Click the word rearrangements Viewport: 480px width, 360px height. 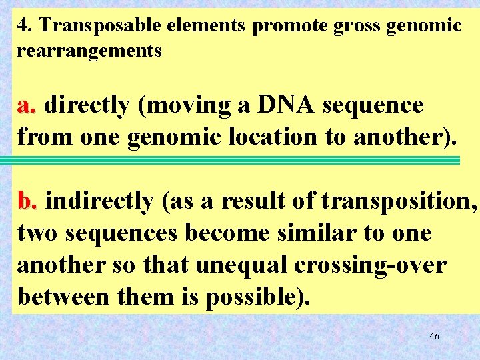click(x=89, y=51)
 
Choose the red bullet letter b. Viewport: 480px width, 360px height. click(x=29, y=201)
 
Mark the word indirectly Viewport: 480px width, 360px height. click(x=99, y=201)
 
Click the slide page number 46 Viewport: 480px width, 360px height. click(x=434, y=336)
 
